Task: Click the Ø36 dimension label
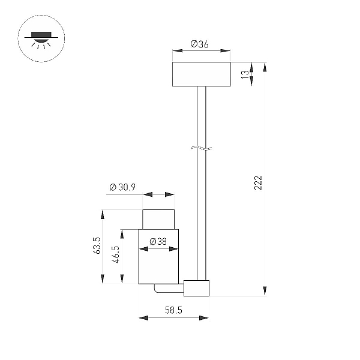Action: [x=199, y=44]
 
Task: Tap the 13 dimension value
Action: [x=245, y=74]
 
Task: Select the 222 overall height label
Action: [x=258, y=183]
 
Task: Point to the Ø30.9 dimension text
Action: [x=122, y=187]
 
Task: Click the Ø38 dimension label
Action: [x=158, y=242]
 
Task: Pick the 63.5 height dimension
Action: [x=97, y=245]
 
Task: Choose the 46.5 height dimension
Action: [x=116, y=254]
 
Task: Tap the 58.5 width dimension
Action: [x=173, y=310]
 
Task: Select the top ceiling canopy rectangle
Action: [x=202, y=74]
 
